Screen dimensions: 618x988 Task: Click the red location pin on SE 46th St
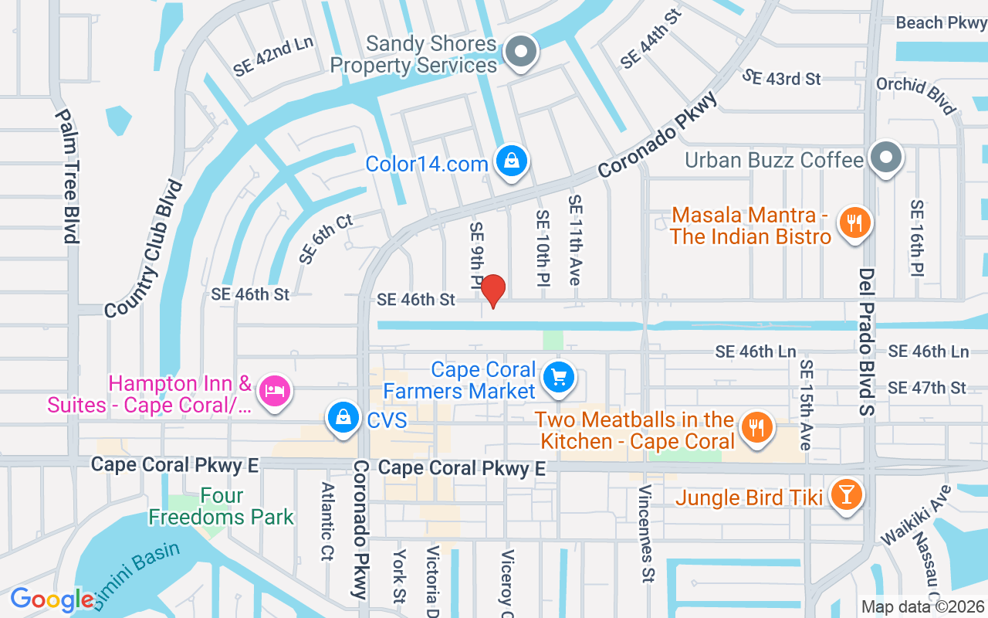tap(492, 290)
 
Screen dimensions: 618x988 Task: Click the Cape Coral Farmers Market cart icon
tap(559, 378)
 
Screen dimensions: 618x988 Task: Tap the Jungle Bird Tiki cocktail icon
tap(846, 495)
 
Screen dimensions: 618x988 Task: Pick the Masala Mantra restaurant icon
tap(854, 223)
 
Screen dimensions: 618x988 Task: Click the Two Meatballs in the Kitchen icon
tap(757, 428)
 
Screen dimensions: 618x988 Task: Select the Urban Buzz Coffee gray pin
tap(886, 159)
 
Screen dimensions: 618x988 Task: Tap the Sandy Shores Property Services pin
tap(521, 53)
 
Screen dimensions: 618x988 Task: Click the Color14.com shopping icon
tap(511, 161)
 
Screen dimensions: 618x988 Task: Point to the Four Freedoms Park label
tap(222, 506)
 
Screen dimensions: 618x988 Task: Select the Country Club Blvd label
tap(144, 248)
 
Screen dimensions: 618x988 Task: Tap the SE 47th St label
tap(927, 388)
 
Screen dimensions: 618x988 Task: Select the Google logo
tap(52, 599)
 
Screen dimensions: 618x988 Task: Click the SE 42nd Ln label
tap(273, 56)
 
